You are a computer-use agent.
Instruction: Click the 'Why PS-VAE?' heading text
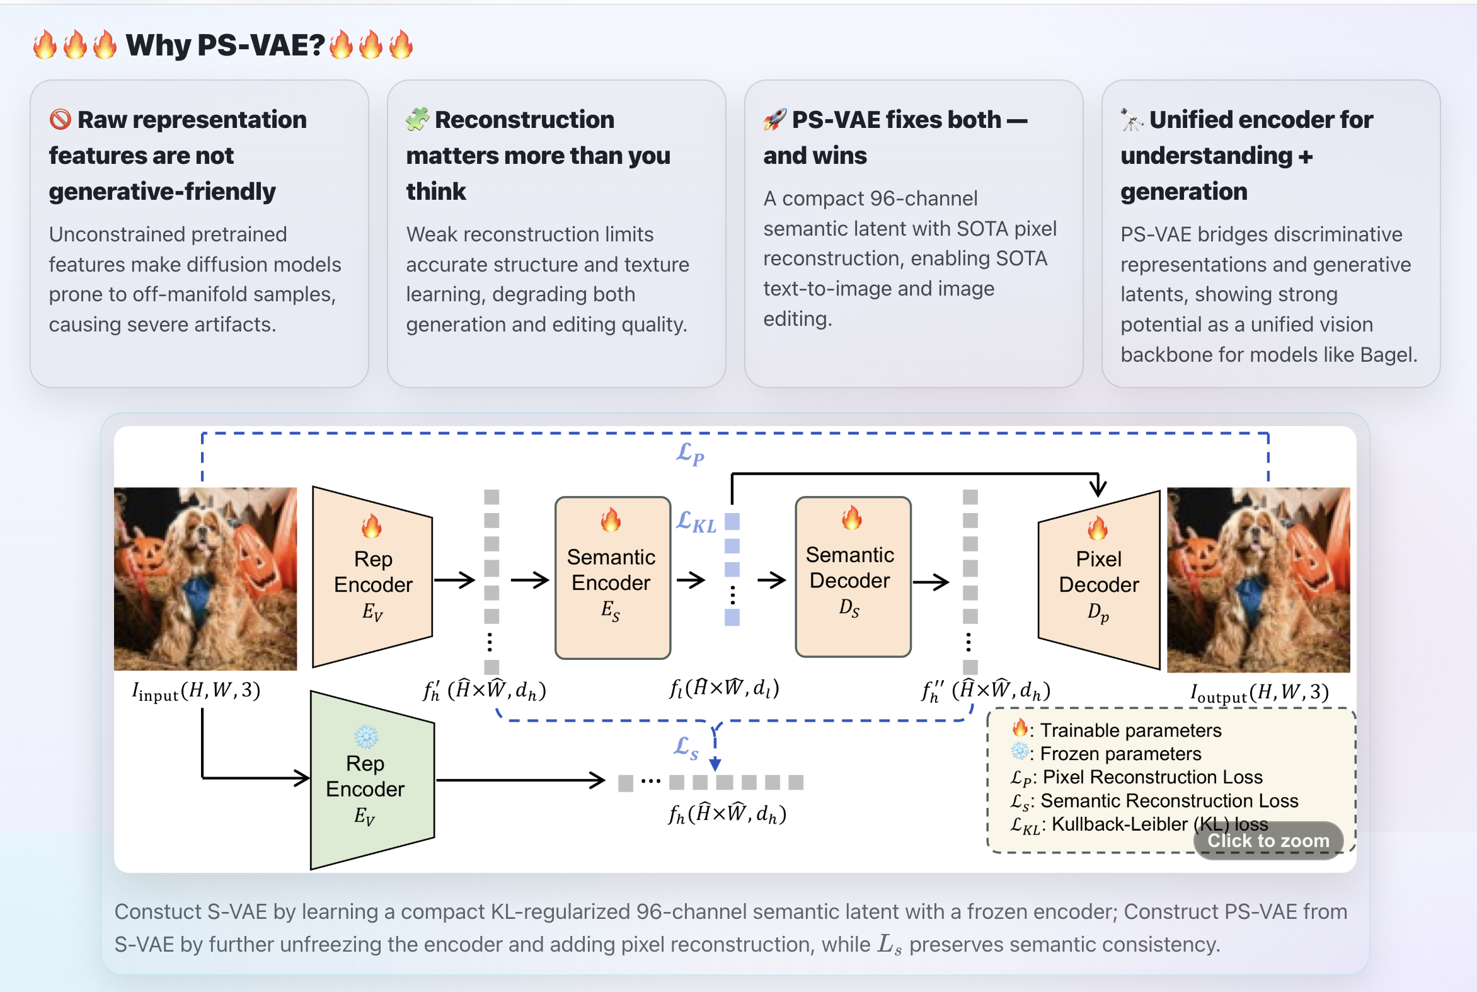pyautogui.click(x=224, y=45)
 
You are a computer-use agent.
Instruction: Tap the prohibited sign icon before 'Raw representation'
pyautogui.click(x=60, y=119)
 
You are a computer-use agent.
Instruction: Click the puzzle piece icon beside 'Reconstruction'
pyautogui.click(x=418, y=119)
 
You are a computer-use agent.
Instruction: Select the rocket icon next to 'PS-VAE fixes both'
pyautogui.click(x=775, y=119)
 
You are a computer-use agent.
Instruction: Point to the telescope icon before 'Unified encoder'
pyautogui.click(x=1132, y=119)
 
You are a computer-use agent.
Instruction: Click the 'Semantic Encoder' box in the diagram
pyautogui.click(x=612, y=577)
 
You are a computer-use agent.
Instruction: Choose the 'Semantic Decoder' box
pyautogui.click(x=852, y=576)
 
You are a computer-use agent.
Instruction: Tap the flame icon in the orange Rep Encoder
pyautogui.click(x=372, y=526)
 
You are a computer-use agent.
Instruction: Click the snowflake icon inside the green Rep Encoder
pyautogui.click(x=366, y=736)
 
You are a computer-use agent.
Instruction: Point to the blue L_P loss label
pyautogui.click(x=690, y=454)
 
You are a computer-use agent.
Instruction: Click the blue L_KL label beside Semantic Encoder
pyautogui.click(x=696, y=522)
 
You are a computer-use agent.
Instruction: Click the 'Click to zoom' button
pyautogui.click(x=1268, y=840)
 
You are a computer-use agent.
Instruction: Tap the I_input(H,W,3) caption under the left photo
pyautogui.click(x=196, y=691)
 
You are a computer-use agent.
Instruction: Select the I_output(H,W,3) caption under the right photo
pyautogui.click(x=1259, y=693)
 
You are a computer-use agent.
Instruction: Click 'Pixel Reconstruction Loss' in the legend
pyautogui.click(x=1152, y=777)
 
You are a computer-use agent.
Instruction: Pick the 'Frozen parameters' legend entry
pyautogui.click(x=1120, y=754)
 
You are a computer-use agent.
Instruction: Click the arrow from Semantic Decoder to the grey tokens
pyautogui.click(x=931, y=582)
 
